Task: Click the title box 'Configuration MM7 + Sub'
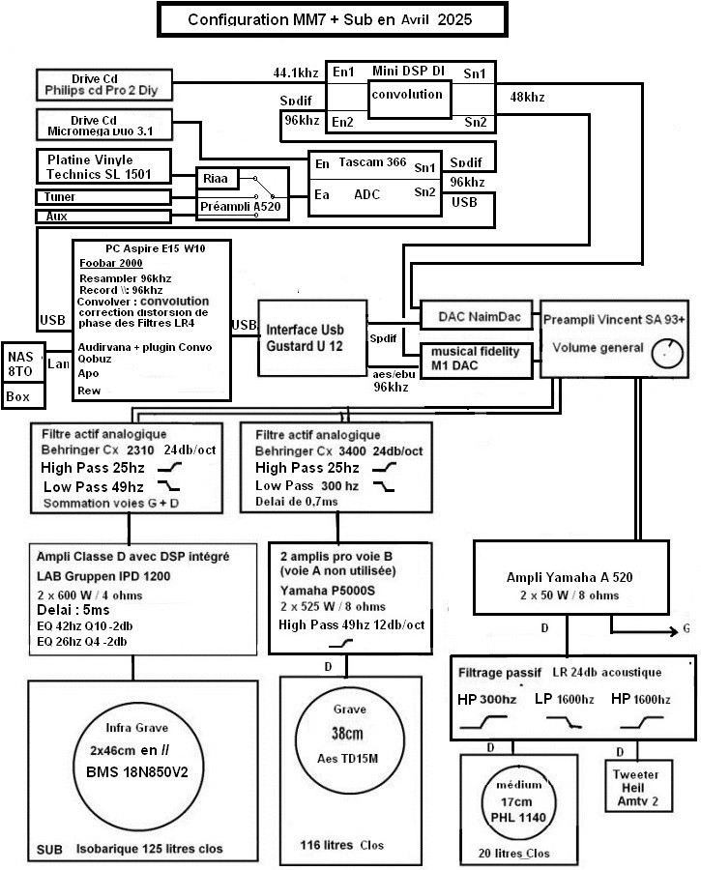pyautogui.click(x=332, y=19)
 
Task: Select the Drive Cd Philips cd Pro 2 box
pyautogui.click(x=104, y=85)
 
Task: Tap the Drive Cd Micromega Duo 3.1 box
pyautogui.click(x=104, y=125)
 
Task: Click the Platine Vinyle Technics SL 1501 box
pyautogui.click(x=103, y=166)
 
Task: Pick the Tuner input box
pyautogui.click(x=103, y=197)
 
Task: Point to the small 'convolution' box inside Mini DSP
pyautogui.click(x=409, y=100)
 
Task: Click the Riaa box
pyautogui.click(x=217, y=178)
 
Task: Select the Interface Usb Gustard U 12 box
pyautogui.click(x=312, y=338)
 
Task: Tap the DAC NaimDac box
pyautogui.click(x=477, y=317)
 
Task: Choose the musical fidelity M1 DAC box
pyautogui.click(x=477, y=361)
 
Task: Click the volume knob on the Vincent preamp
pyautogui.click(x=667, y=354)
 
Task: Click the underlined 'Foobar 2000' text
pyautogui.click(x=111, y=263)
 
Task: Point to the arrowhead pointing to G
pyautogui.click(x=673, y=631)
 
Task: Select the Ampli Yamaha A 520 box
pyautogui.click(x=571, y=578)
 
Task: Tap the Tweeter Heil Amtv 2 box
pyautogui.click(x=638, y=786)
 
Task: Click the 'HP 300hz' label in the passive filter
pyautogui.click(x=486, y=699)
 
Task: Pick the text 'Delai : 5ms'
pyautogui.click(x=73, y=610)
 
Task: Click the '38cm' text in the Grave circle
pyautogui.click(x=347, y=734)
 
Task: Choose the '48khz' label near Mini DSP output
pyautogui.click(x=527, y=97)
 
